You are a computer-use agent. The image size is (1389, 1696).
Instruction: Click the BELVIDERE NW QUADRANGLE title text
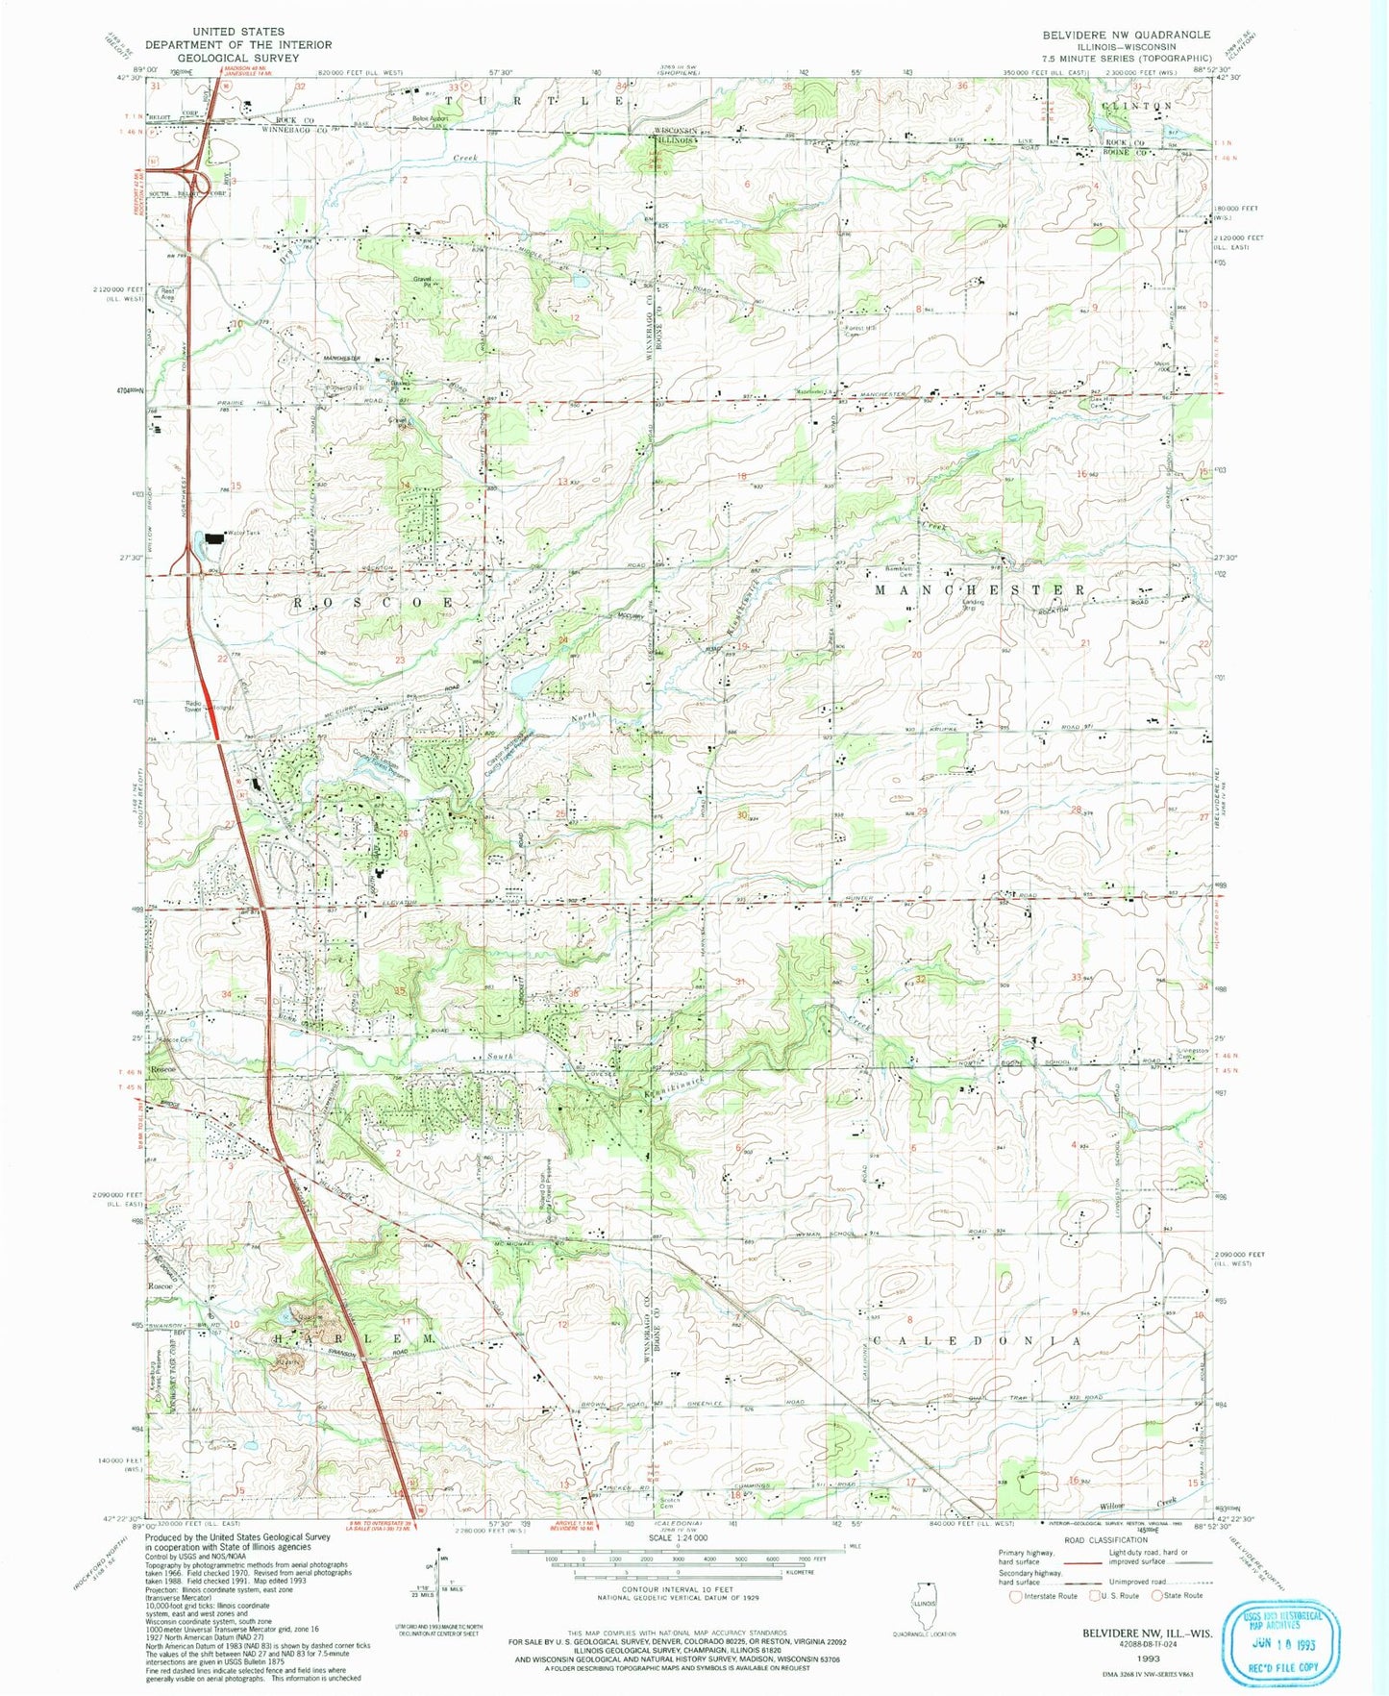pos(1126,34)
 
